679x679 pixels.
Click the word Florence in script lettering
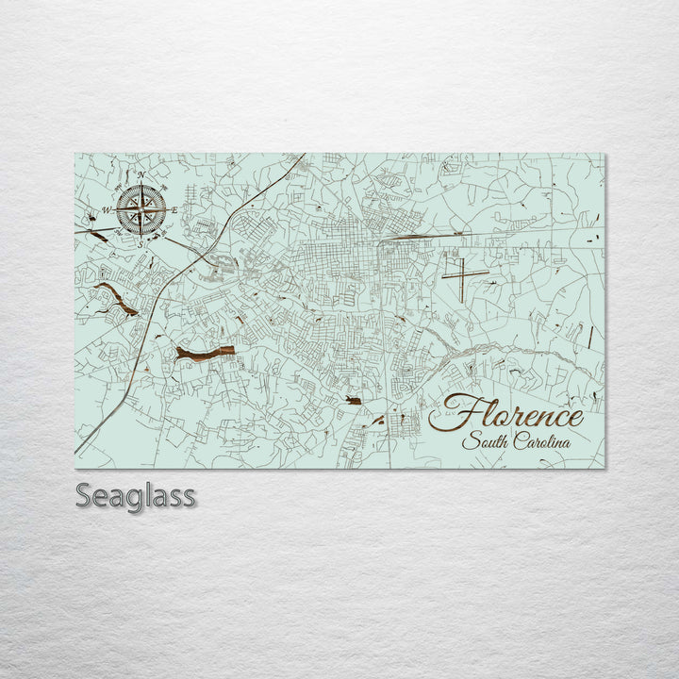tap(507, 415)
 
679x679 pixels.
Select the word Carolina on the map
tap(547, 441)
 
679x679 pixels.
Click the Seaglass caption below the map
tap(136, 496)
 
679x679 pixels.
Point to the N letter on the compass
tap(141, 175)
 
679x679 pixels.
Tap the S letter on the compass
tap(141, 243)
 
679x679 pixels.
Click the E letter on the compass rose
tap(174, 209)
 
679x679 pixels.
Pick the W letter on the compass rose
tap(106, 209)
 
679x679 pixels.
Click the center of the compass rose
tap(141, 209)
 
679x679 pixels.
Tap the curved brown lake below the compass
tap(116, 298)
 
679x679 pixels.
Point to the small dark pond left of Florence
tap(354, 402)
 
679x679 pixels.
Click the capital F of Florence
tap(451, 413)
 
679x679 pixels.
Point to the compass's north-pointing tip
tap(141, 183)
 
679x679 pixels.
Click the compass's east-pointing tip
tap(168, 209)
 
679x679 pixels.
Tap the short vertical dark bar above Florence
tap(589, 337)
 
